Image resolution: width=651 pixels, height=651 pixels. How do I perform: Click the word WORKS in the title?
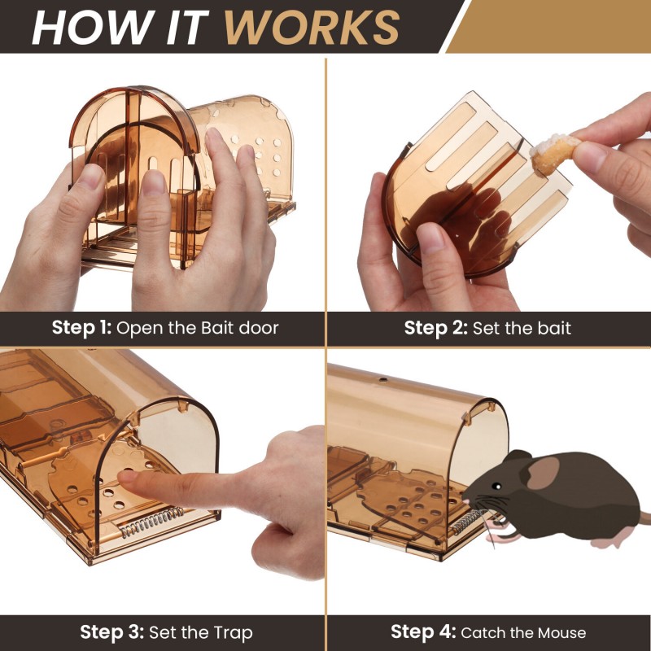point(312,27)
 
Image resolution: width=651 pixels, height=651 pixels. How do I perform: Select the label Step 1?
point(82,328)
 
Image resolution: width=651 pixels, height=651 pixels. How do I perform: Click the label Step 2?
point(436,328)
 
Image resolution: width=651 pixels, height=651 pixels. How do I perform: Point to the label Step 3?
point(112,632)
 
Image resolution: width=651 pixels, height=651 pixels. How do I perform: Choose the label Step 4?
point(423,632)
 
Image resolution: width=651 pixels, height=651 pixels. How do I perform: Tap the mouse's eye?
point(496,486)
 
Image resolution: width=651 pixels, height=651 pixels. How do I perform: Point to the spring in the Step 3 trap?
point(152,521)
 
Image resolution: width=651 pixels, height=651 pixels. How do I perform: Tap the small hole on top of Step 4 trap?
point(382,379)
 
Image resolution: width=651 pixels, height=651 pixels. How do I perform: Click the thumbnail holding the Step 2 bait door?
point(431,238)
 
